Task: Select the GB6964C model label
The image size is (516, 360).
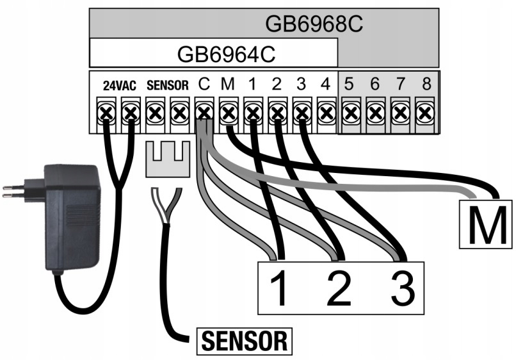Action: click(226, 54)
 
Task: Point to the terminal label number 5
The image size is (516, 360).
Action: click(350, 83)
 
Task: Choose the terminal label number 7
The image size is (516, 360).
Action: click(398, 83)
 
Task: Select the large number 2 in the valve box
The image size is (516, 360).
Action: click(339, 289)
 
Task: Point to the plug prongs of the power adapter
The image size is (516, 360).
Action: click(15, 191)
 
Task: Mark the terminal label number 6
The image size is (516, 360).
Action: click(375, 83)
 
